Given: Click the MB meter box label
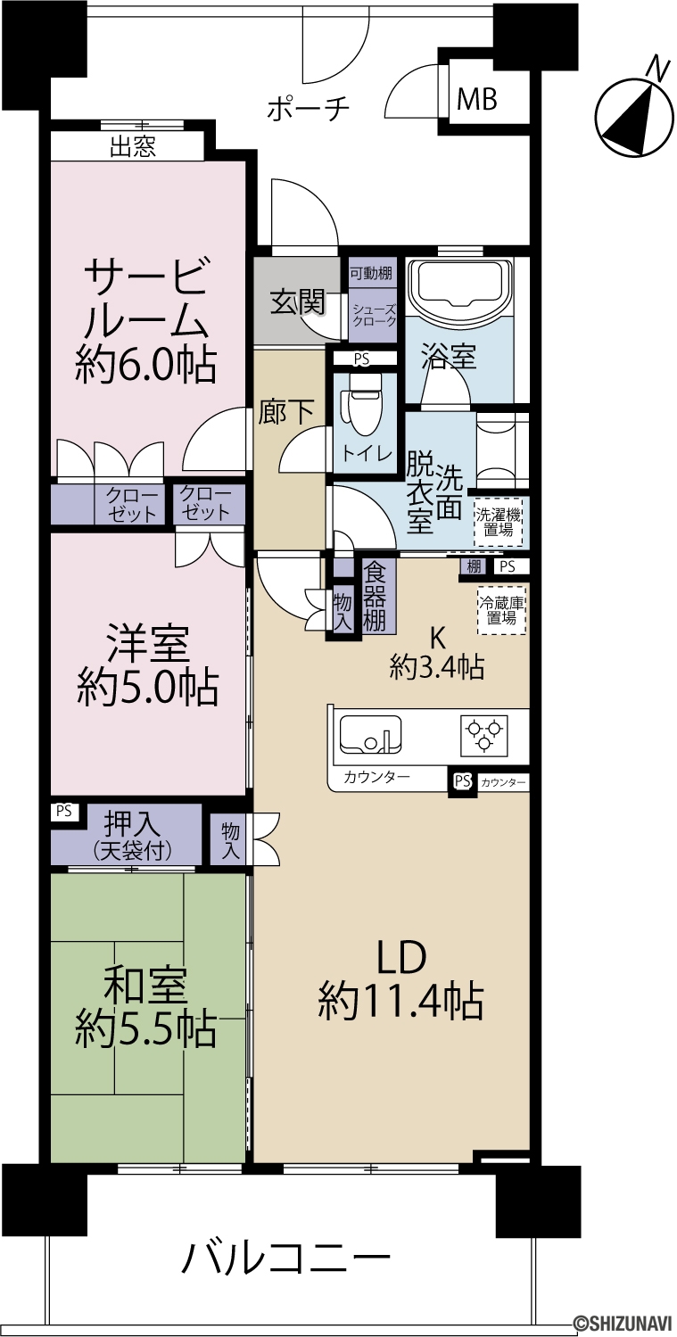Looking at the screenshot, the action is (476, 100).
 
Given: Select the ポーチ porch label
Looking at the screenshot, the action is (308, 109).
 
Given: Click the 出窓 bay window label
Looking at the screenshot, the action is (133, 146).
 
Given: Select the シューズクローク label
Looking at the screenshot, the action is (373, 315).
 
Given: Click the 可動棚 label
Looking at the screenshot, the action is (371, 274).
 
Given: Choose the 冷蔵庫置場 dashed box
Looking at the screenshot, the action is (501, 610).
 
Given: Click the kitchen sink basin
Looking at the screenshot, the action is (370, 733).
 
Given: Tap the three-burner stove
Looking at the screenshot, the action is (483, 734).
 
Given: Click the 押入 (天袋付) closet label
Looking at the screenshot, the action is (133, 835).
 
